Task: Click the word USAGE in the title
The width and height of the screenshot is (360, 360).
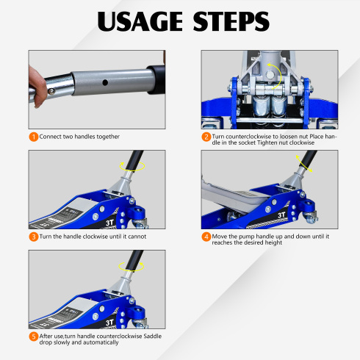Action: [140, 21]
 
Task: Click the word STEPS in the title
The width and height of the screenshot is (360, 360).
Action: [231, 21]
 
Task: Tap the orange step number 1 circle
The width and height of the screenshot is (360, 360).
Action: [34, 137]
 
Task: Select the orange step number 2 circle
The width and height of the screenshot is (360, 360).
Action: [206, 137]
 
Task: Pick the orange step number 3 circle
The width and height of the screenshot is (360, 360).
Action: [34, 237]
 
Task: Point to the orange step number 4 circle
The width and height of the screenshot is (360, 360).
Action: [206, 237]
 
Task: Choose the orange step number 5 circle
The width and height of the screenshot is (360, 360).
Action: [34, 336]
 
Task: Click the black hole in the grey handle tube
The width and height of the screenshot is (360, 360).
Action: [105, 82]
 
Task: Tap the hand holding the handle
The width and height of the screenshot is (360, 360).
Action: [37, 87]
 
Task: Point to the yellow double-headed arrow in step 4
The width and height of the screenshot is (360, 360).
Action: [304, 164]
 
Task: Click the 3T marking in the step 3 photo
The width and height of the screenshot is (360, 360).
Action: [109, 223]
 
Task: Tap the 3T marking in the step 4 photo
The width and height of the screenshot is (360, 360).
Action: [281, 215]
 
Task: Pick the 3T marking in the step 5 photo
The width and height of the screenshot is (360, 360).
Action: [109, 323]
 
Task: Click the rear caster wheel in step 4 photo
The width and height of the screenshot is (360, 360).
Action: [311, 217]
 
